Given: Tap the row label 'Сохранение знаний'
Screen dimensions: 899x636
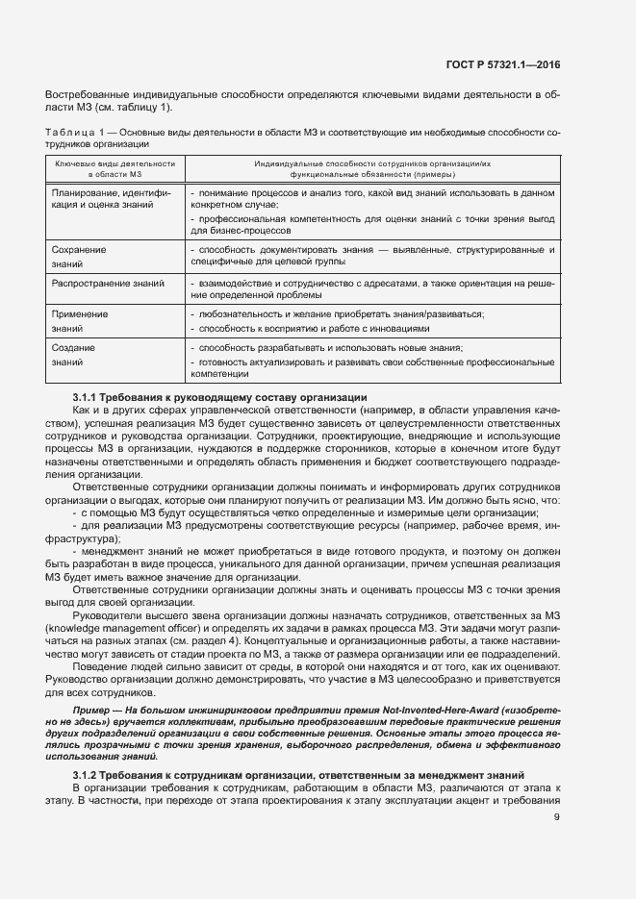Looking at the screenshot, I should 78,256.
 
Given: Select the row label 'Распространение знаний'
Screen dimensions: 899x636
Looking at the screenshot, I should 108,284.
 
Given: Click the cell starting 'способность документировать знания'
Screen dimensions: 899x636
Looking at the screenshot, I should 371,256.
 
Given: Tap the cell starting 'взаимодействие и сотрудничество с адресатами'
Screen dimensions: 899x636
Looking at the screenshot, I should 371,289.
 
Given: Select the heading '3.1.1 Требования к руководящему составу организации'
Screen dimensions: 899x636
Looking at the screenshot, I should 218,398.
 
